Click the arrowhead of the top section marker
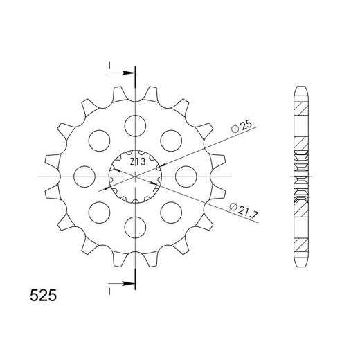coord(129,72)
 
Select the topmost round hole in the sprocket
coord(135,125)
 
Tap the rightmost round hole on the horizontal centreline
coord(184,175)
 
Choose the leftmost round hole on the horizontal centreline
coord(85,175)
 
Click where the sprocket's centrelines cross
coord(135,175)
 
